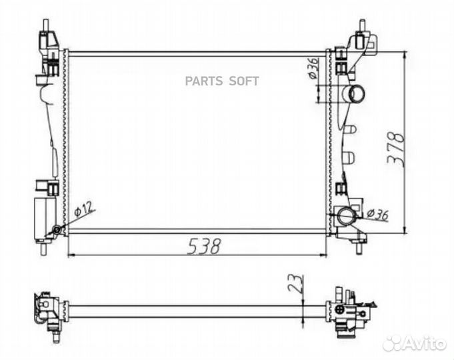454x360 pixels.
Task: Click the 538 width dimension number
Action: [x=204, y=247]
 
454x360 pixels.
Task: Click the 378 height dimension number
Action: [x=396, y=149]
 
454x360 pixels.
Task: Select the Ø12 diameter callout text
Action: [x=83, y=209]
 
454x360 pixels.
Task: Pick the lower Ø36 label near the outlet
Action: [x=377, y=214]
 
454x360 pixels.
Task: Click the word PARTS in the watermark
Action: [x=204, y=81]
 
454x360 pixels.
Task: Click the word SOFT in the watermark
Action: [x=244, y=81]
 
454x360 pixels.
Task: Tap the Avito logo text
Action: [x=425, y=344]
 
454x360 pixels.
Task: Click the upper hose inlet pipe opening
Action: [x=357, y=93]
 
